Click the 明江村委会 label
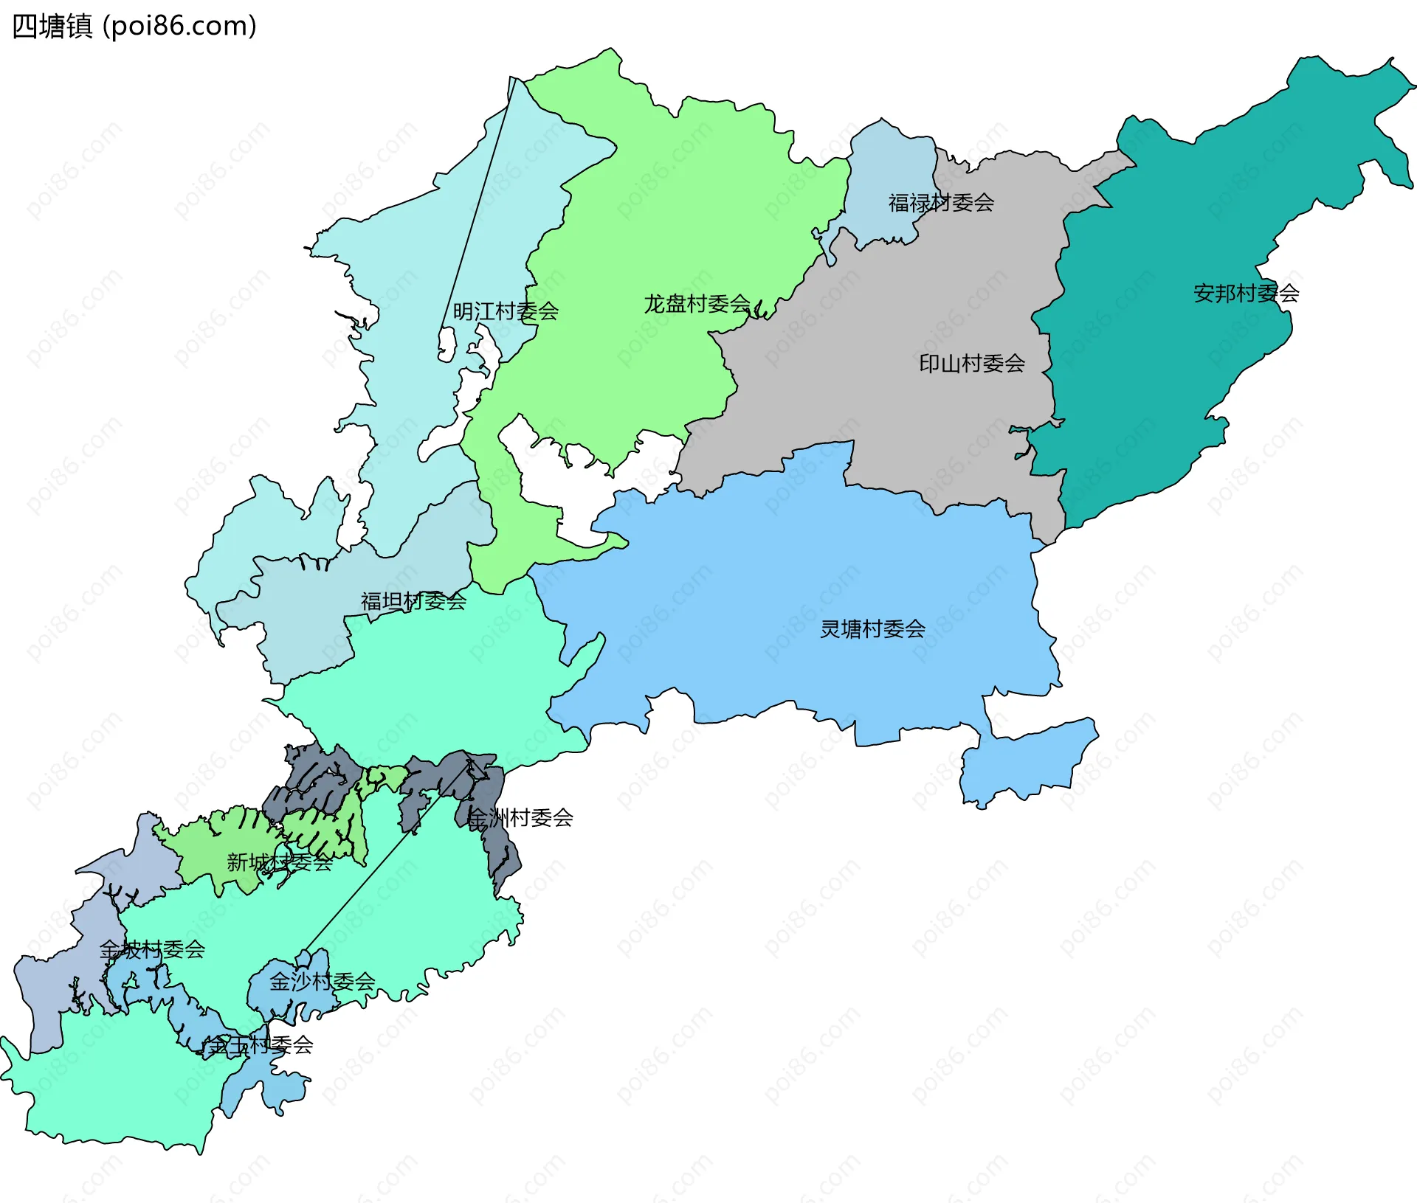tap(506, 311)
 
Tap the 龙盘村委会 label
tap(697, 304)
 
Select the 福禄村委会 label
tap(941, 202)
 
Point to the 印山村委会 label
tap(972, 363)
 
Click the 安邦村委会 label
tap(1246, 294)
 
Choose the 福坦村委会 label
tap(413, 601)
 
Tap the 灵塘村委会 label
tap(872, 629)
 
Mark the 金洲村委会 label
tap(520, 817)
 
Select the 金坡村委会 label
tap(152, 949)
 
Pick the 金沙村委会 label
tap(323, 981)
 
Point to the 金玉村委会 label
tap(260, 1044)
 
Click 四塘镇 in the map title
tap(52, 26)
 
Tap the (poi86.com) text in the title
tap(179, 26)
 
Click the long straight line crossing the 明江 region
tap(476, 207)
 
